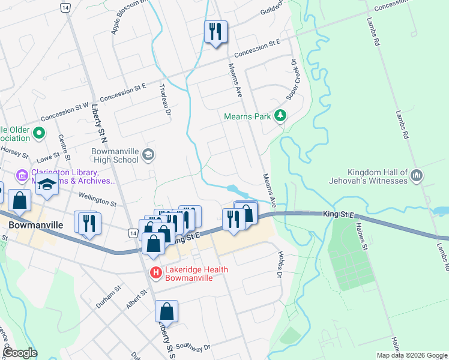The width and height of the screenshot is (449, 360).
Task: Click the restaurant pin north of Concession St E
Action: point(215,31)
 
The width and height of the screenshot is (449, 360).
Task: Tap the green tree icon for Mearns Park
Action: point(279,115)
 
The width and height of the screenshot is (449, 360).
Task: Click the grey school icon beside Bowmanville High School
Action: point(148,156)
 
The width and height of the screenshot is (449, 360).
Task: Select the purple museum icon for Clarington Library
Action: point(22,175)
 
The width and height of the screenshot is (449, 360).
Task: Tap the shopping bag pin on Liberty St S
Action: point(166,312)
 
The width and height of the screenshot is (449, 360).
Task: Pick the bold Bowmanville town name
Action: point(37,224)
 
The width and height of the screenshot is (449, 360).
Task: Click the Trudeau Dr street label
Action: point(166,99)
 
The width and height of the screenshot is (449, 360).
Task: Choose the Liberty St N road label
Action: point(96,126)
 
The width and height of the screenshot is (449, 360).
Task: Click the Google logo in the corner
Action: point(20,353)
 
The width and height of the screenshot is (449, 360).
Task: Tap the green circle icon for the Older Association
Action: point(40,133)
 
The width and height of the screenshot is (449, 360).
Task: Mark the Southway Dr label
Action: point(195,347)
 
